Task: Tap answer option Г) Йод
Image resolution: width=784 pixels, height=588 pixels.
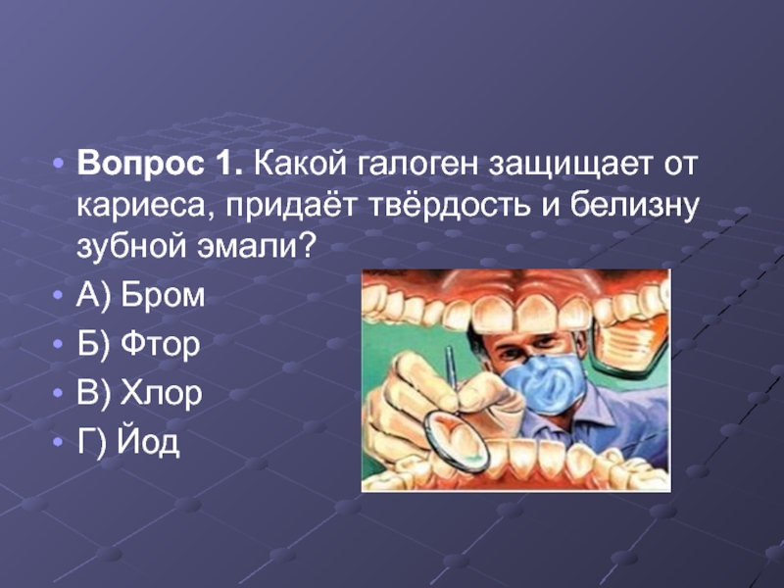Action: click(x=127, y=443)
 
